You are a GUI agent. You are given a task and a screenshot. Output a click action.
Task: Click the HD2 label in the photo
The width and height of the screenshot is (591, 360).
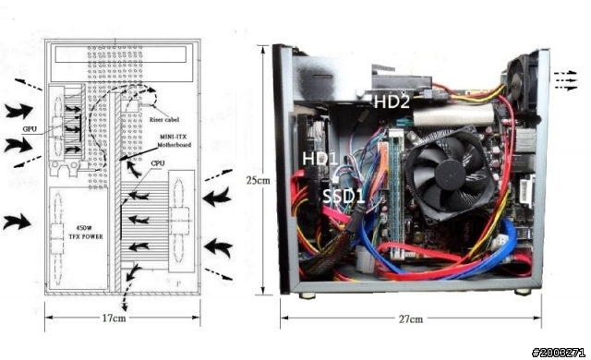pos(392,102)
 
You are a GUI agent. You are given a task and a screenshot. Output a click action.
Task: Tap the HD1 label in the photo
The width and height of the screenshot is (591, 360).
pos(320,159)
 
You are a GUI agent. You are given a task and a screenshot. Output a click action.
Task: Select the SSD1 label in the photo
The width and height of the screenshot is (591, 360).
pos(344,197)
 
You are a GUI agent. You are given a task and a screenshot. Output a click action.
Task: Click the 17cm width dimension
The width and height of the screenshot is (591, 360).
pos(115,318)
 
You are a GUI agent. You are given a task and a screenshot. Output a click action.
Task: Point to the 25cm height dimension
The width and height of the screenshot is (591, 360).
pos(259,180)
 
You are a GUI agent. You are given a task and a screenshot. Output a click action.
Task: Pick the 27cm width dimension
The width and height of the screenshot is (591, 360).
pos(411,319)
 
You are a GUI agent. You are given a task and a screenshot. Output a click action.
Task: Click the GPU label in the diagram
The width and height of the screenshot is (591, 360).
pos(30,129)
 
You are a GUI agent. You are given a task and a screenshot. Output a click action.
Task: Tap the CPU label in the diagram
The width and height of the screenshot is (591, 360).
pos(158,163)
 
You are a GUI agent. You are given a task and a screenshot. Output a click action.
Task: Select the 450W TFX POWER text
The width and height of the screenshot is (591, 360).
pos(86,233)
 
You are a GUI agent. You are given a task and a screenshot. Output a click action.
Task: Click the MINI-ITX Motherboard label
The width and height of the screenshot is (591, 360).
pos(175,140)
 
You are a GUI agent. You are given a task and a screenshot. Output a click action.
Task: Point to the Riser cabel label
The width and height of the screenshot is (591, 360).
pos(164,119)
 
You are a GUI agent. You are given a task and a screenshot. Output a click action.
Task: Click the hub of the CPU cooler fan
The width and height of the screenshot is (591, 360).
pos(450,174)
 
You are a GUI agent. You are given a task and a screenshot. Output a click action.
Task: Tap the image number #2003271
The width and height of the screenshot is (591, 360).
pos(558,353)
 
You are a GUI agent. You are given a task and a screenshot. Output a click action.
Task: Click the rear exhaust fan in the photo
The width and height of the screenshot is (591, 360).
pos(522,81)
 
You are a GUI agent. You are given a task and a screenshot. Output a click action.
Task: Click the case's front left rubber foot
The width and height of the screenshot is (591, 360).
pos(308,295)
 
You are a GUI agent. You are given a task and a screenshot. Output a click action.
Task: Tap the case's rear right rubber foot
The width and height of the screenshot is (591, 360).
pos(523,292)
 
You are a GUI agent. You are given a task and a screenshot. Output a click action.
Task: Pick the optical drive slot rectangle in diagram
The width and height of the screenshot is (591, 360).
pos(121,54)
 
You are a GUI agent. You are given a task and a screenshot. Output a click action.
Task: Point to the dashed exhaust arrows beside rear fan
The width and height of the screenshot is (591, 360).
pos(565,80)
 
